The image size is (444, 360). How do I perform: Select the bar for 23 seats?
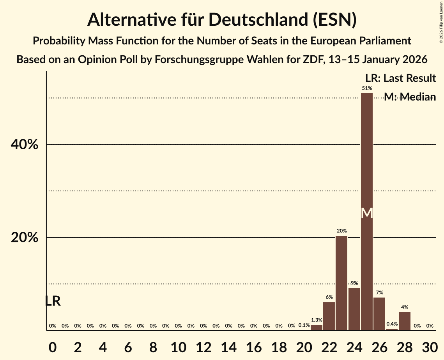click(341, 283)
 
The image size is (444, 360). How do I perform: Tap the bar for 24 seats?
click(354, 309)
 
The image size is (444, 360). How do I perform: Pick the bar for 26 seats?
click(379, 314)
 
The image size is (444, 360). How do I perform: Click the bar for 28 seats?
click(405, 321)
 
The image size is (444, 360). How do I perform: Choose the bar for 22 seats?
click(329, 316)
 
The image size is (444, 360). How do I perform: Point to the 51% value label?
click(367, 88)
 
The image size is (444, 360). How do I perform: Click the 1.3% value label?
click(317, 320)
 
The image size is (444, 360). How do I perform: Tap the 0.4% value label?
click(392, 324)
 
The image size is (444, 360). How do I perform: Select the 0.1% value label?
click(304, 325)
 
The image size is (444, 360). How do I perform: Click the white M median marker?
click(367, 213)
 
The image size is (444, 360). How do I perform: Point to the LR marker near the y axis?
click(53, 301)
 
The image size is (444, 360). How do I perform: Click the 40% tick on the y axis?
click(24, 145)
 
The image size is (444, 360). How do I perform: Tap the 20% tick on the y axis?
click(24, 238)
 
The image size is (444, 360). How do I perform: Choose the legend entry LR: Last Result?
click(400, 78)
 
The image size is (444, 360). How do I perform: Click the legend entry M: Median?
click(410, 97)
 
